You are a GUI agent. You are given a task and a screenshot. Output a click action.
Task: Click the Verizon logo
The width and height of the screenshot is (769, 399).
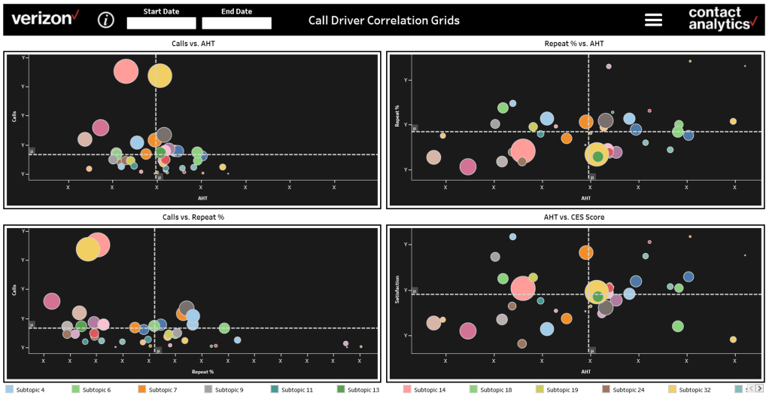tap(45, 18)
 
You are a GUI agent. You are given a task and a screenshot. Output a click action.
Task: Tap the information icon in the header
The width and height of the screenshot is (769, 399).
tap(106, 20)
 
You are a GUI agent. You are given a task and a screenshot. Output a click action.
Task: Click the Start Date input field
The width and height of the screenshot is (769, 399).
tap(161, 23)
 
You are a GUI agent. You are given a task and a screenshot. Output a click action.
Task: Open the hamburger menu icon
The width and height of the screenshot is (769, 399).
tap(653, 20)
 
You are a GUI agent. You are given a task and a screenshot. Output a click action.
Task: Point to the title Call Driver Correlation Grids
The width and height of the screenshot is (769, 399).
tap(384, 20)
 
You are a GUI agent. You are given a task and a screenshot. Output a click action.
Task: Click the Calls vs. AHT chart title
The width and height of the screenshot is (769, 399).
tap(191, 44)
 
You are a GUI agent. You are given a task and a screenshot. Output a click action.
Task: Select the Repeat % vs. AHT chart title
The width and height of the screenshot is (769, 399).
tap(573, 44)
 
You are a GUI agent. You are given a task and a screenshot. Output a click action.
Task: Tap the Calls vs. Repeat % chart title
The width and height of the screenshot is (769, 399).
tap(191, 217)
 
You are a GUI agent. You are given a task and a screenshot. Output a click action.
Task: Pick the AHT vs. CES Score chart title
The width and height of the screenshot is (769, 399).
tap(573, 217)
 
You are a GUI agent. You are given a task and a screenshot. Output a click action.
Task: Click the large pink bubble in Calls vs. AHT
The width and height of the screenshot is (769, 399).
tap(126, 72)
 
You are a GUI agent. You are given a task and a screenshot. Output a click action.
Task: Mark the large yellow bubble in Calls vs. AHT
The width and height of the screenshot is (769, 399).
tap(160, 75)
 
